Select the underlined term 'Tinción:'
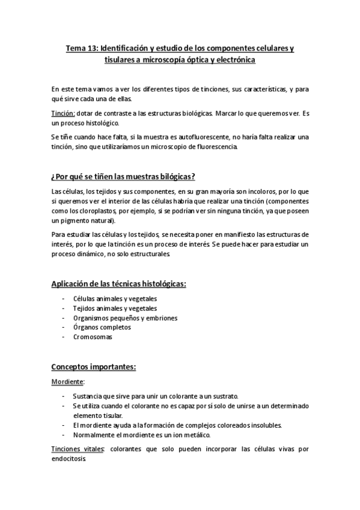tap(63, 113)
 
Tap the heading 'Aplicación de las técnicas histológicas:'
tap(118, 283)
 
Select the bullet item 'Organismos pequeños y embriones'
tap(125, 318)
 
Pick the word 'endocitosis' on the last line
tap(69, 458)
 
